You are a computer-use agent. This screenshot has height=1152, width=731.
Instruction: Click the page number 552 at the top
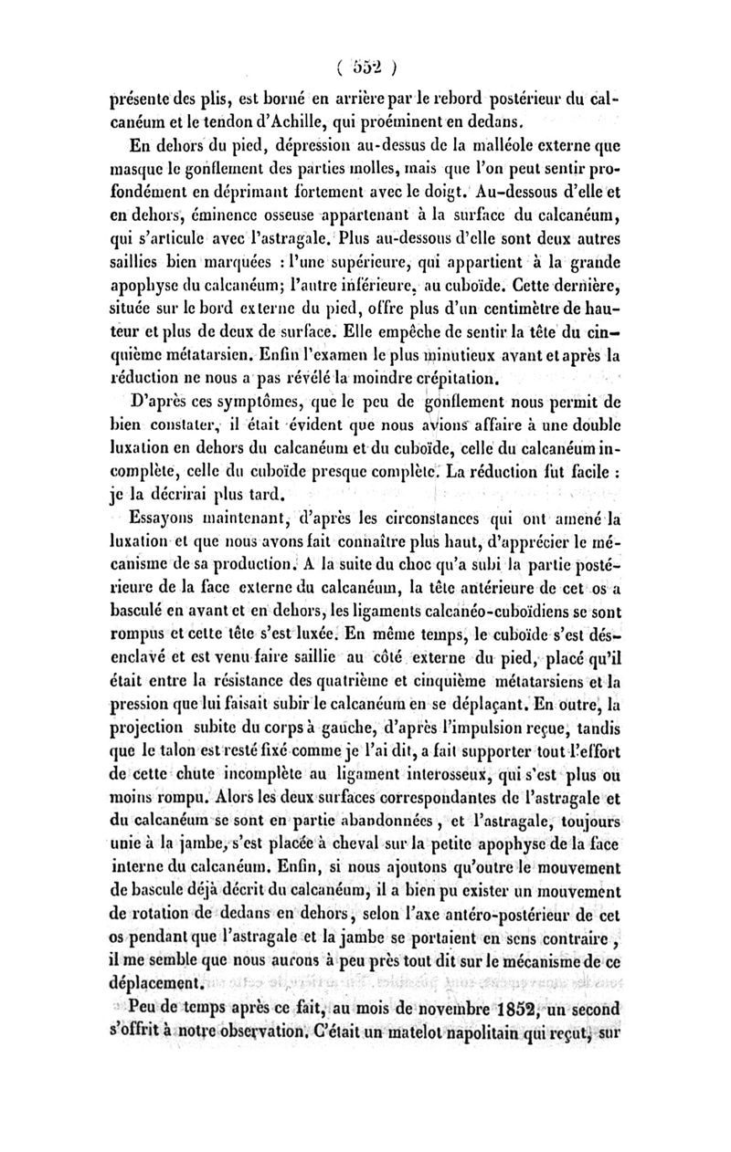tap(365, 68)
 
